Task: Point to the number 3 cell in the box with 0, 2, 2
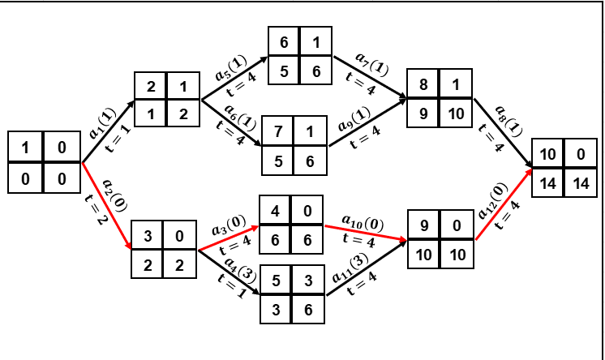(148, 237)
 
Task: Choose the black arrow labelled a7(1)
(369, 78)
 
